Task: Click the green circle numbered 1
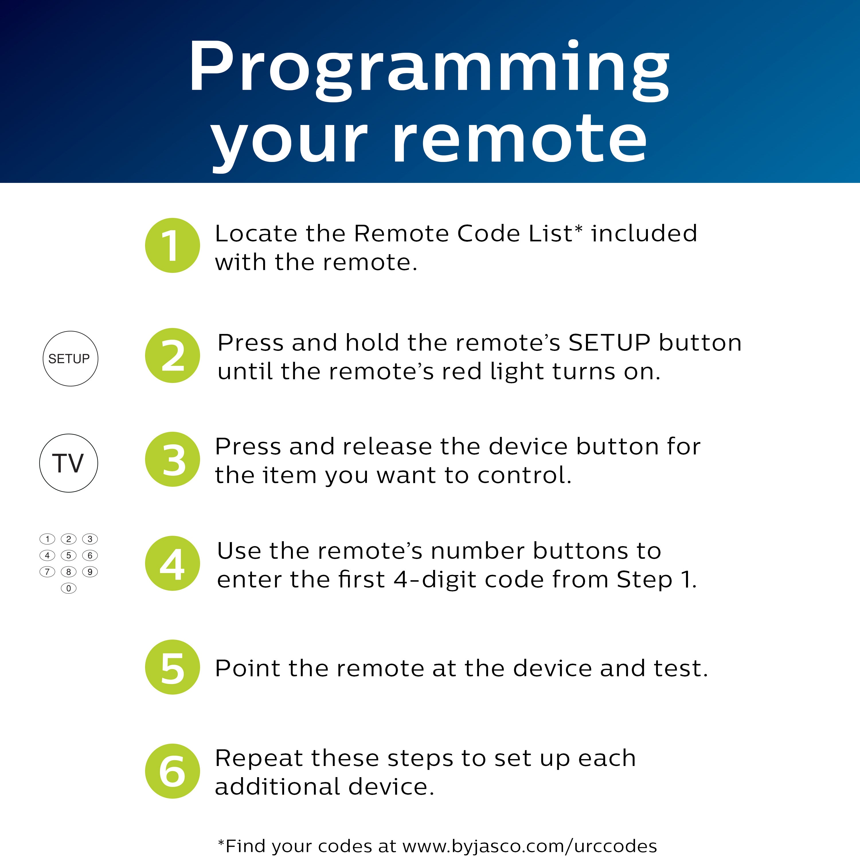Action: coord(172,245)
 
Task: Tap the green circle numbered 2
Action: coord(172,355)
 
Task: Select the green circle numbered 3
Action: coord(172,459)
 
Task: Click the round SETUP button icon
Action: coord(70,358)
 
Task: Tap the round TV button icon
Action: coord(69,463)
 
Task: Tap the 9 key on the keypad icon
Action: coord(90,572)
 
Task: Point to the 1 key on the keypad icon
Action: coord(47,539)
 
